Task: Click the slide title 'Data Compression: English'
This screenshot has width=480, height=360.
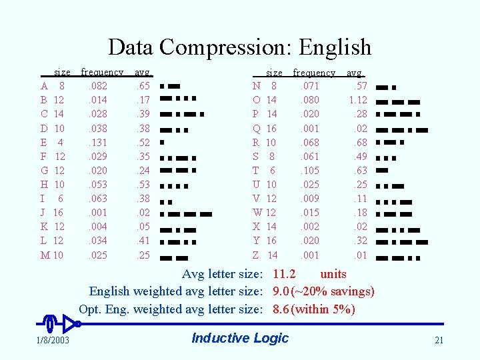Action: pos(239,47)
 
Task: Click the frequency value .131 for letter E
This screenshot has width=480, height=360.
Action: pos(97,143)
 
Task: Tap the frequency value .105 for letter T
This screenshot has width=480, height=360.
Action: pos(310,171)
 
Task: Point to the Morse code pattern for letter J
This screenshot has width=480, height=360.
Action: pos(186,213)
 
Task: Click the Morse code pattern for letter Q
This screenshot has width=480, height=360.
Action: pos(403,129)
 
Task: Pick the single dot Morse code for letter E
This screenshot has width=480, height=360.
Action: pos(163,143)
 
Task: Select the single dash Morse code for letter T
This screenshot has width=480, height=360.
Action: pos(383,171)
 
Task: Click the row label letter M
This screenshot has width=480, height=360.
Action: pos(45,255)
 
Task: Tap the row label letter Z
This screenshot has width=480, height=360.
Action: pos(256,255)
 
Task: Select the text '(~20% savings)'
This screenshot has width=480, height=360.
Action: pos(333,291)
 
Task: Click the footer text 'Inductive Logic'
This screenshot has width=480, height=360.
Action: pos(240,338)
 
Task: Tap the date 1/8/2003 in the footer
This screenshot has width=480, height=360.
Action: pos(53,341)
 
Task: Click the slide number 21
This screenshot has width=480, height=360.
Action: pos(439,341)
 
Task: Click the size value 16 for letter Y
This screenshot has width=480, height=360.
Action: pos(271,241)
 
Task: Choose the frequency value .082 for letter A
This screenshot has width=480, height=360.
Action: pos(97,86)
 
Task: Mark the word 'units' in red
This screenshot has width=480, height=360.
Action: pos(333,274)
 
